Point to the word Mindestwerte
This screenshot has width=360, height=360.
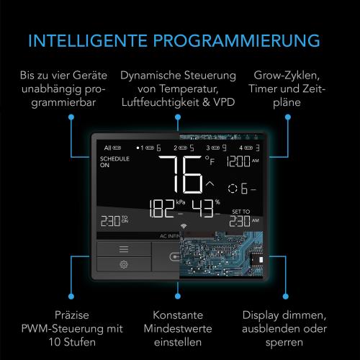pyautogui.click(x=176, y=329)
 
